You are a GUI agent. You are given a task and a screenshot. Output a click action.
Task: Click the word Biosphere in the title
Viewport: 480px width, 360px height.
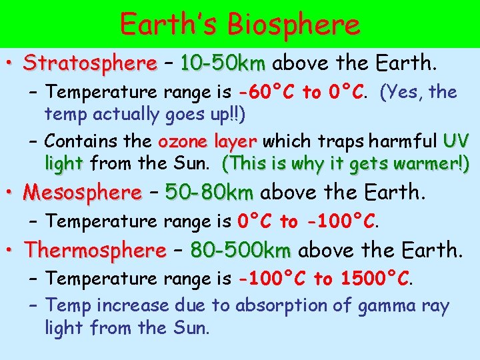[x=293, y=24]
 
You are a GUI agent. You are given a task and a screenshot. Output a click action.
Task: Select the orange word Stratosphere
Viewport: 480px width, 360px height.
[x=89, y=64]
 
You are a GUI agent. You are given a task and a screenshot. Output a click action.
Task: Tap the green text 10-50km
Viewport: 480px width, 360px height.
[x=223, y=64]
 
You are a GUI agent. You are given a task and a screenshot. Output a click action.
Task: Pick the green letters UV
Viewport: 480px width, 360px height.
[x=456, y=142]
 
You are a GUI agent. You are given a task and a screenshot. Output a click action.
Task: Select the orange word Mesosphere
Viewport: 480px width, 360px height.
[x=82, y=193]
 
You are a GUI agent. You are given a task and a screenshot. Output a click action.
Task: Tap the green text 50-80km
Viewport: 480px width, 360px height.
[x=209, y=193]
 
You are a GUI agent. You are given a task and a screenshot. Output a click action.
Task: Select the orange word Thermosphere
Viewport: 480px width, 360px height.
[x=95, y=251]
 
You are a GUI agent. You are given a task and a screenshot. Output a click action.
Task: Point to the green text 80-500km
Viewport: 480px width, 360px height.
[x=241, y=251]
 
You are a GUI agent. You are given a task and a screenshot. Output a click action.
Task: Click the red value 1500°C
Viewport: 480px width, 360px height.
[x=375, y=279]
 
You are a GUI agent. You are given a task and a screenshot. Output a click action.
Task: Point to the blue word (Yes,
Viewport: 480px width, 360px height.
[x=402, y=92]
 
